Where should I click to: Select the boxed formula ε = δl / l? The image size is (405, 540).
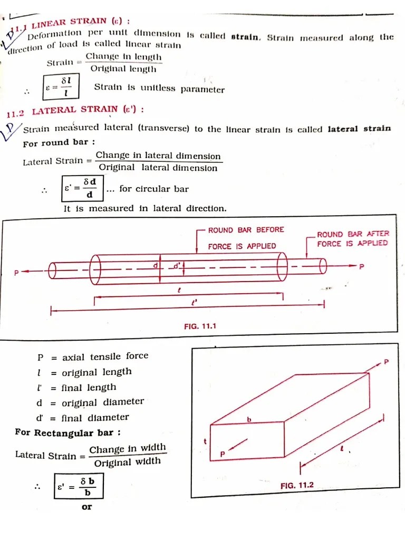[61, 86]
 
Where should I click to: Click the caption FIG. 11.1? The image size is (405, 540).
[200, 326]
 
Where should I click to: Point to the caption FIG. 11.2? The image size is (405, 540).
[297, 485]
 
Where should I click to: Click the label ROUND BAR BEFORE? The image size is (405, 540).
[246, 230]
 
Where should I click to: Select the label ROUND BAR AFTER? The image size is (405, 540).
[353, 234]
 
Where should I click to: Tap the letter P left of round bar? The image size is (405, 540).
[16, 273]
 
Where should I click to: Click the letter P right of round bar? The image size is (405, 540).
[361, 267]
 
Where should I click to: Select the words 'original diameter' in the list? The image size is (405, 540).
[103, 402]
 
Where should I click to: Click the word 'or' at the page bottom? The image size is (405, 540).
[86, 507]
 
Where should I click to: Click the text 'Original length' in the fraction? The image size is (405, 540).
[123, 69]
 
